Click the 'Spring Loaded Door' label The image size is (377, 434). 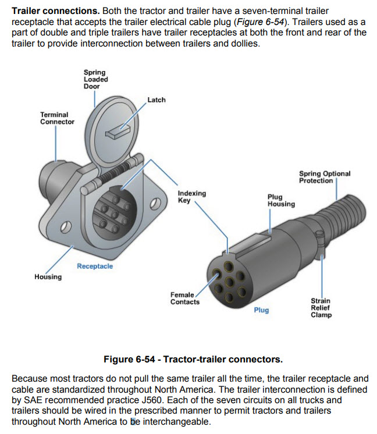click(95, 79)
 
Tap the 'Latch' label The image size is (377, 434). click(156, 100)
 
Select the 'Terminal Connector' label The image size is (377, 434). click(57, 118)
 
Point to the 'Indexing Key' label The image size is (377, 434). click(191, 197)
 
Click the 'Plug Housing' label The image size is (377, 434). click(281, 201)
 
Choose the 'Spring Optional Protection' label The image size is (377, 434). click(325, 177)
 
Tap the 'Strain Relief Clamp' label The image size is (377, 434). click(321, 308)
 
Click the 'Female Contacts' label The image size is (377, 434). click(184, 298)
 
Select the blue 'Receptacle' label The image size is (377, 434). click(95, 266)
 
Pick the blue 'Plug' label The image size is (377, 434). click(261, 310)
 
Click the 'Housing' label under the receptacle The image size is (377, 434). click(48, 277)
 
